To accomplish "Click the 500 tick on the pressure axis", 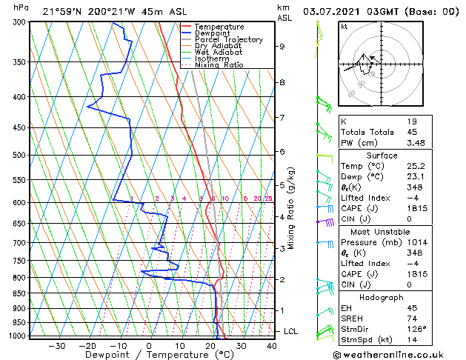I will pyautogui.click(x=21, y=155).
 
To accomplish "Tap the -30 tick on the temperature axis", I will pyautogui.click(x=57, y=345).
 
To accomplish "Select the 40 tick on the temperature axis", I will pyautogui.click(x=271, y=345).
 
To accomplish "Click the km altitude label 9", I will pyautogui.click(x=282, y=46).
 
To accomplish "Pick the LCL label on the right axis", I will pyautogui.click(x=290, y=330).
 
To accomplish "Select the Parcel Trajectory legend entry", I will pyautogui.click(x=228, y=40).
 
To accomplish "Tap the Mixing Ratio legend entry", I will pyautogui.click(x=219, y=65).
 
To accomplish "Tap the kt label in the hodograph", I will pyautogui.click(x=344, y=27).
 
